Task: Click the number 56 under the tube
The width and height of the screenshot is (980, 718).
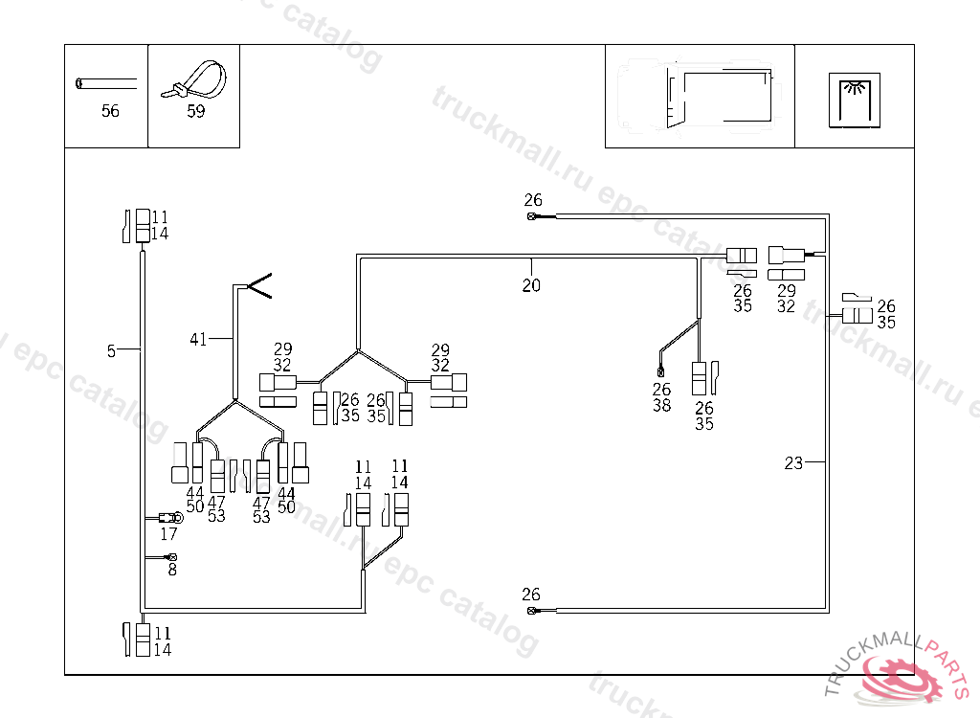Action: [110, 111]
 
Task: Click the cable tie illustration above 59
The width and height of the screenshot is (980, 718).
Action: [195, 80]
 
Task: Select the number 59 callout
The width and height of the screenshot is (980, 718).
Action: [195, 111]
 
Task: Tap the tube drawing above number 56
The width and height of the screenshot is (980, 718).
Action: [105, 83]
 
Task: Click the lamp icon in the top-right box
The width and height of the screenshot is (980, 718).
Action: [855, 100]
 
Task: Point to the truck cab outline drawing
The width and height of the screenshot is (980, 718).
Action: [700, 93]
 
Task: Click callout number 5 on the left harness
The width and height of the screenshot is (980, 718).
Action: [111, 351]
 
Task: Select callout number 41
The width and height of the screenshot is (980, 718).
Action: [198, 338]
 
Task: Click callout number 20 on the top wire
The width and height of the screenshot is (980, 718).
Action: [531, 285]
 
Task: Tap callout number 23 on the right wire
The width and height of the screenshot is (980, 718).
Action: [793, 463]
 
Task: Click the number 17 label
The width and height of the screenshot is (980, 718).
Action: [168, 534]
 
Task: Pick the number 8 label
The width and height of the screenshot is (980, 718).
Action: [172, 570]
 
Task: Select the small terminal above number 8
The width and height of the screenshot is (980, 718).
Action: [171, 557]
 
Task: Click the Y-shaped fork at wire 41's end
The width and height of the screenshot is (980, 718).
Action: [259, 285]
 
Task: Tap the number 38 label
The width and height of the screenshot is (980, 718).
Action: [661, 405]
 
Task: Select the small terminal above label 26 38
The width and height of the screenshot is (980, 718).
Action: [660, 370]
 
